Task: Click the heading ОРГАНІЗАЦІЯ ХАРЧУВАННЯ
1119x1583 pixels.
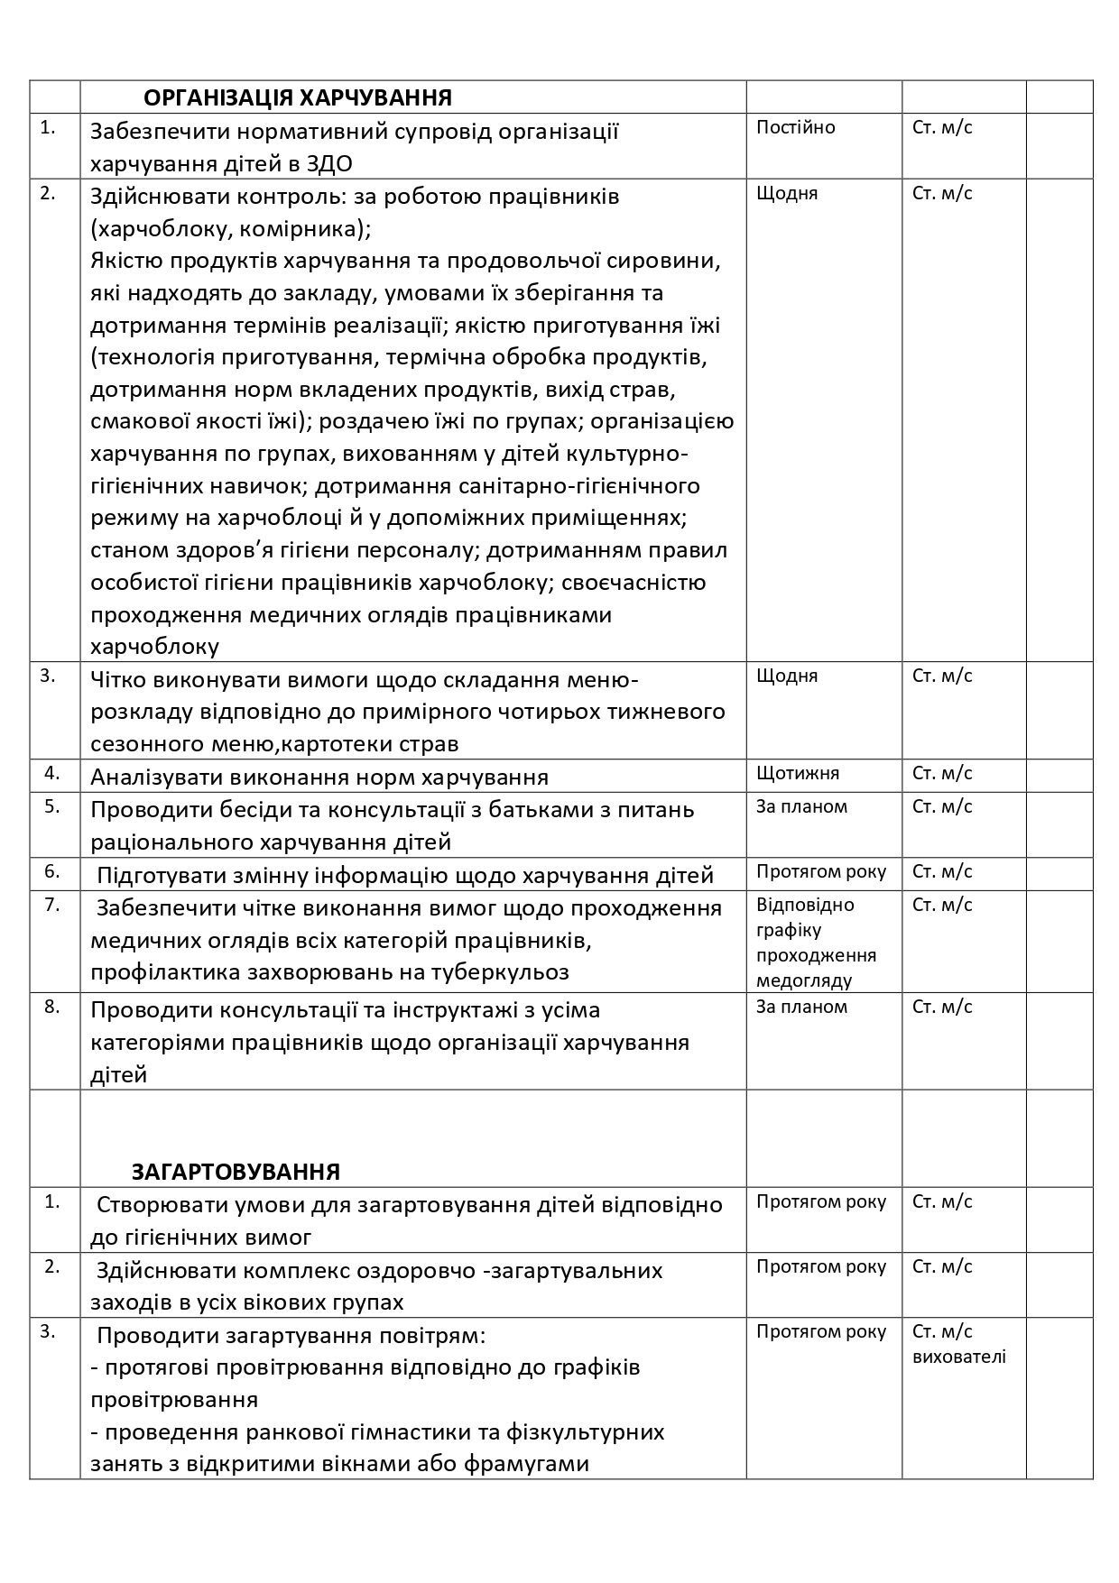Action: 298,97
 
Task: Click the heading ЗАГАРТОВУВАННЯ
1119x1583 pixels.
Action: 236,1172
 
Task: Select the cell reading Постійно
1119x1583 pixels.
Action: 795,127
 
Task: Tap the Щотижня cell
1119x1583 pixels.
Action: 797,773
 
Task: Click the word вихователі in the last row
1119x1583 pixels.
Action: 958,1357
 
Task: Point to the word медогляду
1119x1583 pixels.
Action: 803,980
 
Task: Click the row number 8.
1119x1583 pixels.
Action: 51,1007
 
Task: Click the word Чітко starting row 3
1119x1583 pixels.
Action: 118,679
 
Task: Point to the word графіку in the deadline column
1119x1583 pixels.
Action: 789,930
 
